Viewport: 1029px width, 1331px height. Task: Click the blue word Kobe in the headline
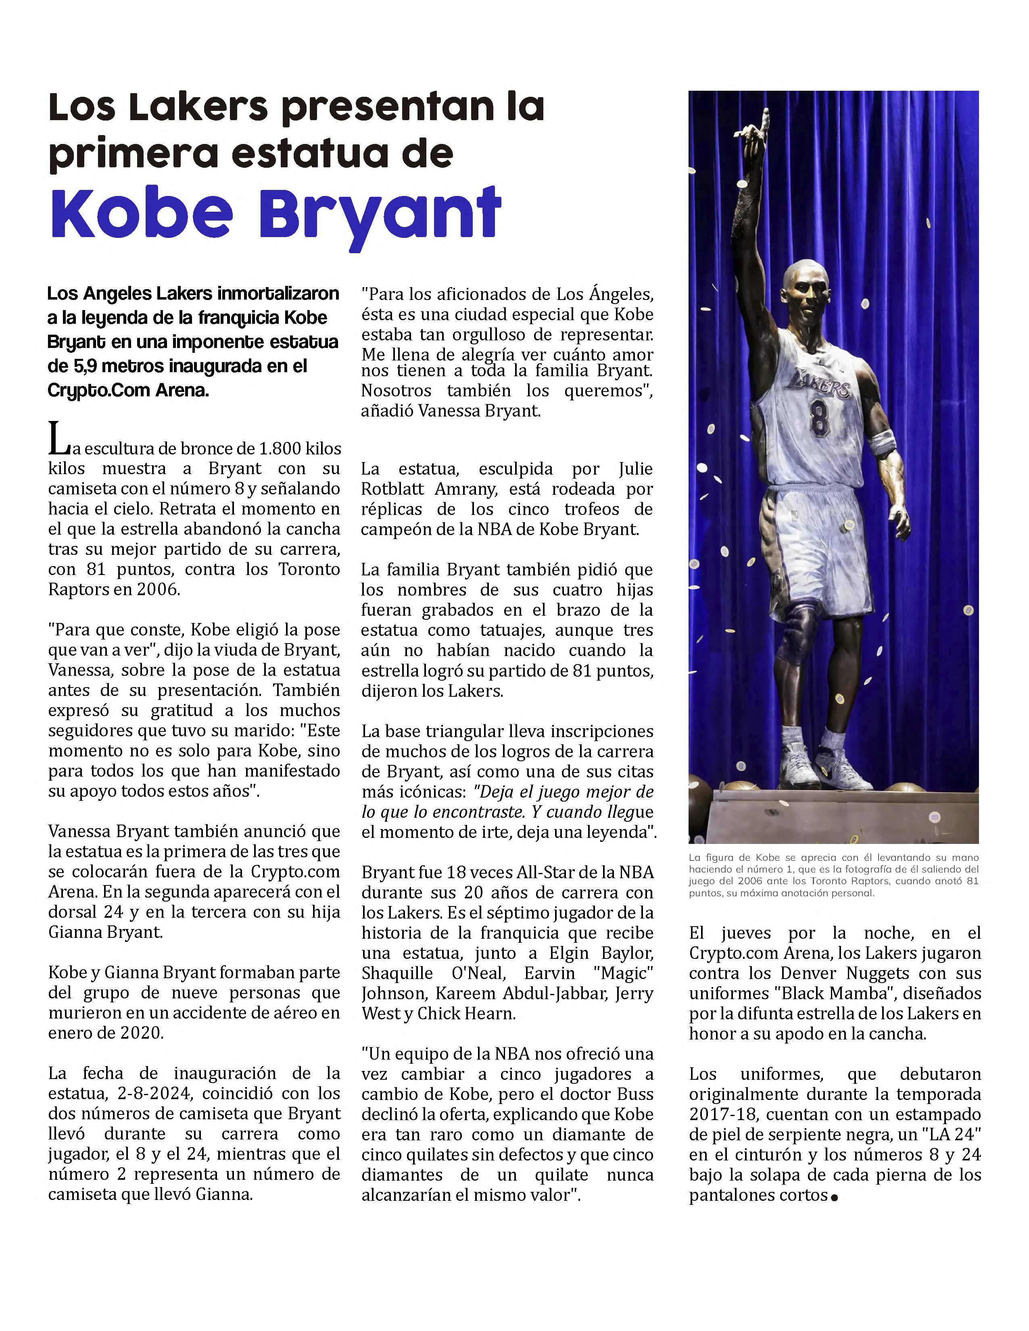[142, 213]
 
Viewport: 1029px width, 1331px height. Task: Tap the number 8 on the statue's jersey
[818, 417]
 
